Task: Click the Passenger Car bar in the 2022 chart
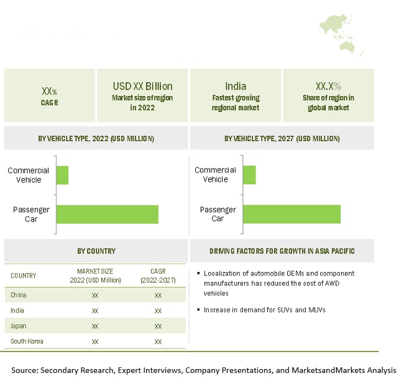[107, 213]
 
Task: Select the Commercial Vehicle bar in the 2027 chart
[249, 175]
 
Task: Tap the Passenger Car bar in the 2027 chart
[292, 213]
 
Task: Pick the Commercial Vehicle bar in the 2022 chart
[62, 175]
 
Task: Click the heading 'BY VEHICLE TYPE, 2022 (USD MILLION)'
[96, 138]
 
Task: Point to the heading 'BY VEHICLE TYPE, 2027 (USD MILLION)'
[282, 138]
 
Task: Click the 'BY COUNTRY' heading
[96, 251]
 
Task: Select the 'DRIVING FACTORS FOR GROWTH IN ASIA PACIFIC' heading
[282, 251]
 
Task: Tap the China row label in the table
[19, 295]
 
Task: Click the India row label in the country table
[17, 310]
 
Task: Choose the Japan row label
[19, 325]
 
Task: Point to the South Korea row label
[27, 341]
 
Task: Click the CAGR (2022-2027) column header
[158, 276]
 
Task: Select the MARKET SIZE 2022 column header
[95, 276]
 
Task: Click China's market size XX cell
[95, 295]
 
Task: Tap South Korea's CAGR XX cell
[158, 342]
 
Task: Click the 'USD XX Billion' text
[142, 87]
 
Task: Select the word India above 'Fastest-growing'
[236, 87]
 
